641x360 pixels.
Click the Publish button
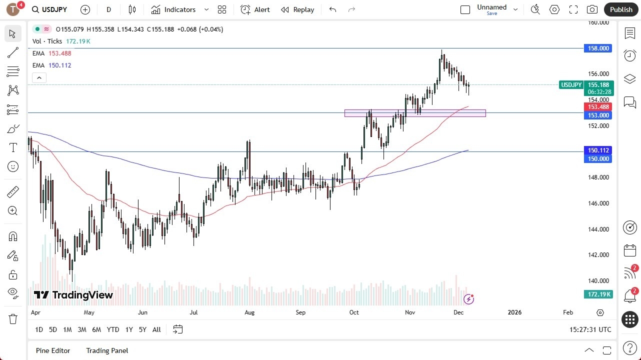coord(621,9)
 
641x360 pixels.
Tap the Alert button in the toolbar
coord(255,9)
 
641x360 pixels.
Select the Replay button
coord(297,9)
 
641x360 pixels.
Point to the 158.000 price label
coord(598,48)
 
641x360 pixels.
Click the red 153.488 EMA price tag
coord(598,107)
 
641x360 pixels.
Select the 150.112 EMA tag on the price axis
coord(598,150)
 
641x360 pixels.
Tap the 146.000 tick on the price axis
coord(598,203)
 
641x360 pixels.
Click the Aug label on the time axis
coord(249,312)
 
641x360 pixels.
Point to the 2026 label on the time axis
coord(514,312)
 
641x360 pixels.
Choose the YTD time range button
coord(113,329)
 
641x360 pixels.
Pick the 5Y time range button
coord(142,329)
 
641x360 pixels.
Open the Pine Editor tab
coord(53,350)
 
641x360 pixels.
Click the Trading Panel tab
coord(107,350)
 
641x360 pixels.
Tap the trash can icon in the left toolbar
coord(13,319)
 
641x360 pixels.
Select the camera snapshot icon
coord(592,9)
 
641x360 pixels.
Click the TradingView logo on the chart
coord(73,295)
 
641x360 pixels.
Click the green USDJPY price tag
coord(571,85)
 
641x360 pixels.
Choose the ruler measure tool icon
coord(13,191)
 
